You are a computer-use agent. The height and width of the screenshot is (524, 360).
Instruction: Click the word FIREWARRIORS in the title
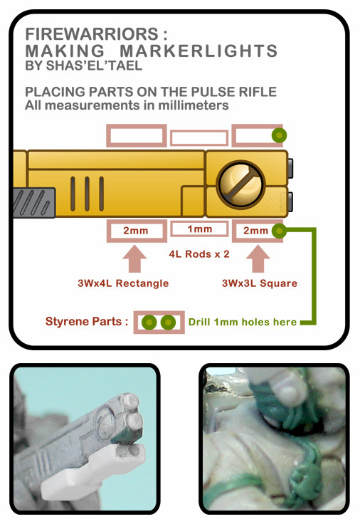[x=92, y=34]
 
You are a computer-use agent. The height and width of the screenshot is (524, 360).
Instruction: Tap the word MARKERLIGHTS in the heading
[x=198, y=51]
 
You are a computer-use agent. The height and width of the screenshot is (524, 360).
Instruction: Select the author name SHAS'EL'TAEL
[x=94, y=65]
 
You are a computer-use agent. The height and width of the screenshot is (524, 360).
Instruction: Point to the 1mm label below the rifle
[x=200, y=229]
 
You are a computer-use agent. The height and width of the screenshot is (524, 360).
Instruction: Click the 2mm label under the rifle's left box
[x=136, y=230]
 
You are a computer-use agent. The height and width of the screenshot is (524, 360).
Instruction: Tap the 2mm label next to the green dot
[x=255, y=230]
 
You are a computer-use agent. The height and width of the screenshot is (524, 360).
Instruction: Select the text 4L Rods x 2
[x=199, y=254]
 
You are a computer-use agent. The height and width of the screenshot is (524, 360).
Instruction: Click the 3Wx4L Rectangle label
[x=123, y=283]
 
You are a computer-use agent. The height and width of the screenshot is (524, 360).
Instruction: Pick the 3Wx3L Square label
[x=260, y=283]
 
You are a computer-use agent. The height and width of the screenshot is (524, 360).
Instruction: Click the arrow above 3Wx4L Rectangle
[x=134, y=258]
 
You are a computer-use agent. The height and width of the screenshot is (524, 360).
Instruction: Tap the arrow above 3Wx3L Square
[x=258, y=258]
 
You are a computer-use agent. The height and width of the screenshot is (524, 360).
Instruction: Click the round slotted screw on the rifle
[x=240, y=184]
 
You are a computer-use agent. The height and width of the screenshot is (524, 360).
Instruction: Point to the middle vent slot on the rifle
[x=87, y=194]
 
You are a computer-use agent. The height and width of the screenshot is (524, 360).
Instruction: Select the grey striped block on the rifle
[x=34, y=203]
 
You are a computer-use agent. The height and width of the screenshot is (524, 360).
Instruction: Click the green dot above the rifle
[x=279, y=135]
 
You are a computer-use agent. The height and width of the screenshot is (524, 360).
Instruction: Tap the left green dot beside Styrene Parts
[x=149, y=323]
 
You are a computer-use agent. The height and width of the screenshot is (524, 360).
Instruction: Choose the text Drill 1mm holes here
[x=243, y=322]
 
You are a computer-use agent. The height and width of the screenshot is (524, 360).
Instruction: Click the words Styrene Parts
[x=87, y=322]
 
